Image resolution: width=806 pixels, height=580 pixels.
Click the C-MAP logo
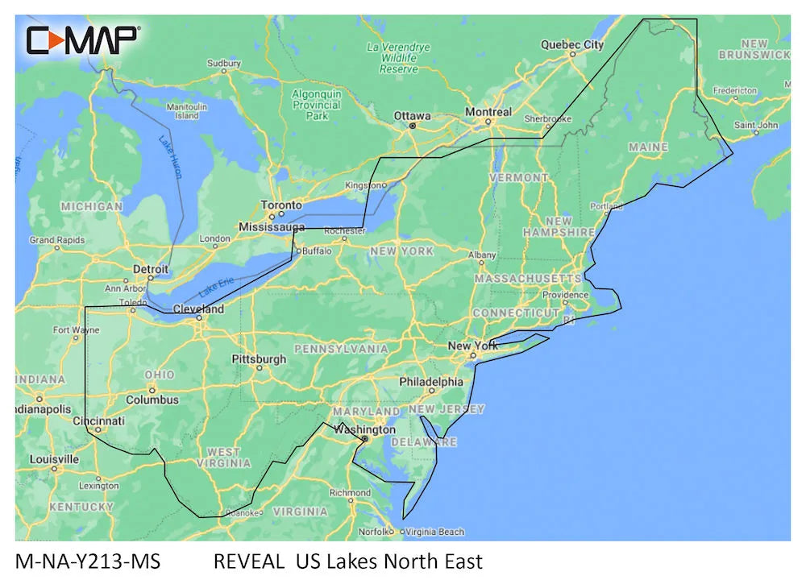pyautogui.click(x=83, y=39)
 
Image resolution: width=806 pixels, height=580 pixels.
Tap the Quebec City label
pyautogui.click(x=571, y=45)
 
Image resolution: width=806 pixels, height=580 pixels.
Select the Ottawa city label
pyautogui.click(x=412, y=116)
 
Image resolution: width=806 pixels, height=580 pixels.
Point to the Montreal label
pyautogui.click(x=488, y=112)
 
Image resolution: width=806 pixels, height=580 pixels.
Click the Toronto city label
pyautogui.click(x=280, y=205)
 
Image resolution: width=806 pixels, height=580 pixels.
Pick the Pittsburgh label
pyautogui.click(x=259, y=358)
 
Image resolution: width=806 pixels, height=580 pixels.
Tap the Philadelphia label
pyautogui.click(x=431, y=382)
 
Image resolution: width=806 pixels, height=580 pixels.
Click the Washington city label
pyautogui.click(x=365, y=429)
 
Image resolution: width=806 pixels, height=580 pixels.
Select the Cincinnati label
pyautogui.click(x=98, y=420)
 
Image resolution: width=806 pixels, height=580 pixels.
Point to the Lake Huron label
pyautogui.click(x=170, y=155)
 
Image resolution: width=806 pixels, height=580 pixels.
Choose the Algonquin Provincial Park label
pyautogui.click(x=317, y=105)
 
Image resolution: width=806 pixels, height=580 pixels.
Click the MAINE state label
pyautogui.click(x=648, y=147)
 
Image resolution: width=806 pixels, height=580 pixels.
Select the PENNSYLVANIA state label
pyautogui.click(x=341, y=349)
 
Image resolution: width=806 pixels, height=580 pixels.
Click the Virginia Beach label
pyautogui.click(x=435, y=532)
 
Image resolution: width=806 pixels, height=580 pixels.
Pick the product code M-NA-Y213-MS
pyautogui.click(x=88, y=561)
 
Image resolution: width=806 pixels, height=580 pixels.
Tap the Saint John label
pyautogui.click(x=756, y=126)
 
